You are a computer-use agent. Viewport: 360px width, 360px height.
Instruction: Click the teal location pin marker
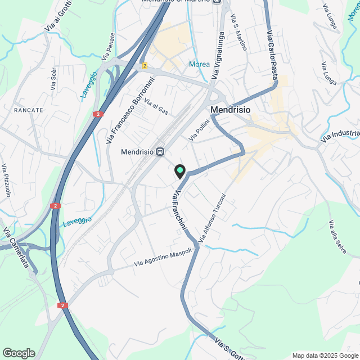(x=179, y=170)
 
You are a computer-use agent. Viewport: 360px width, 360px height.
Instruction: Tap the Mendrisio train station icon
(x=160, y=151)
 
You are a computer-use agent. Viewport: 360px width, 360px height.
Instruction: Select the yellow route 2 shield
(x=145, y=66)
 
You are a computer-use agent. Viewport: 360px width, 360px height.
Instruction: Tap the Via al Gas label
(x=156, y=105)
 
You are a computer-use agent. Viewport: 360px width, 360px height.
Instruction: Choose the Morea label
(x=199, y=64)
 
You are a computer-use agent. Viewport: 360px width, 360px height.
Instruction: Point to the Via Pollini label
(x=199, y=129)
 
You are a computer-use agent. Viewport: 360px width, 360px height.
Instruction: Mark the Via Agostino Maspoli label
(x=163, y=258)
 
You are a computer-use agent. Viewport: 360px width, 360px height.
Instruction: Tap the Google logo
(x=19, y=353)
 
